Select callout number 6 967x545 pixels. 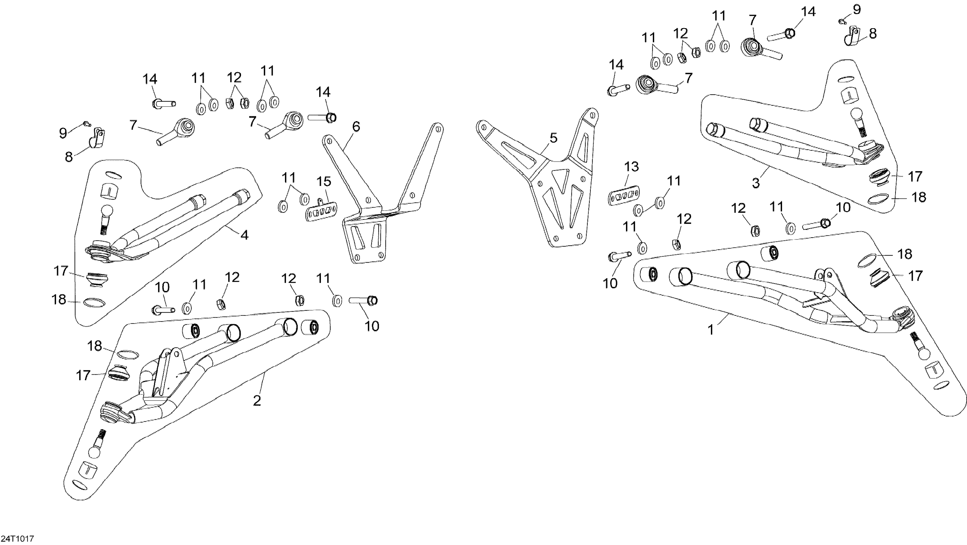coord(356,127)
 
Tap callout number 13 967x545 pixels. coord(631,166)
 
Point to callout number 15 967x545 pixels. coord(324,182)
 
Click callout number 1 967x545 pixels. coord(710,330)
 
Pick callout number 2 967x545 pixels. coord(257,401)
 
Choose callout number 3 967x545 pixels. coord(756,183)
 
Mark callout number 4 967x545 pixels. coord(244,235)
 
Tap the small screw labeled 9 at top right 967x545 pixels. coord(842,21)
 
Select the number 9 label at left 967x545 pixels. coord(63,132)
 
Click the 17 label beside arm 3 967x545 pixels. coord(915,176)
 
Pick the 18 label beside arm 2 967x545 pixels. coord(95,346)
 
